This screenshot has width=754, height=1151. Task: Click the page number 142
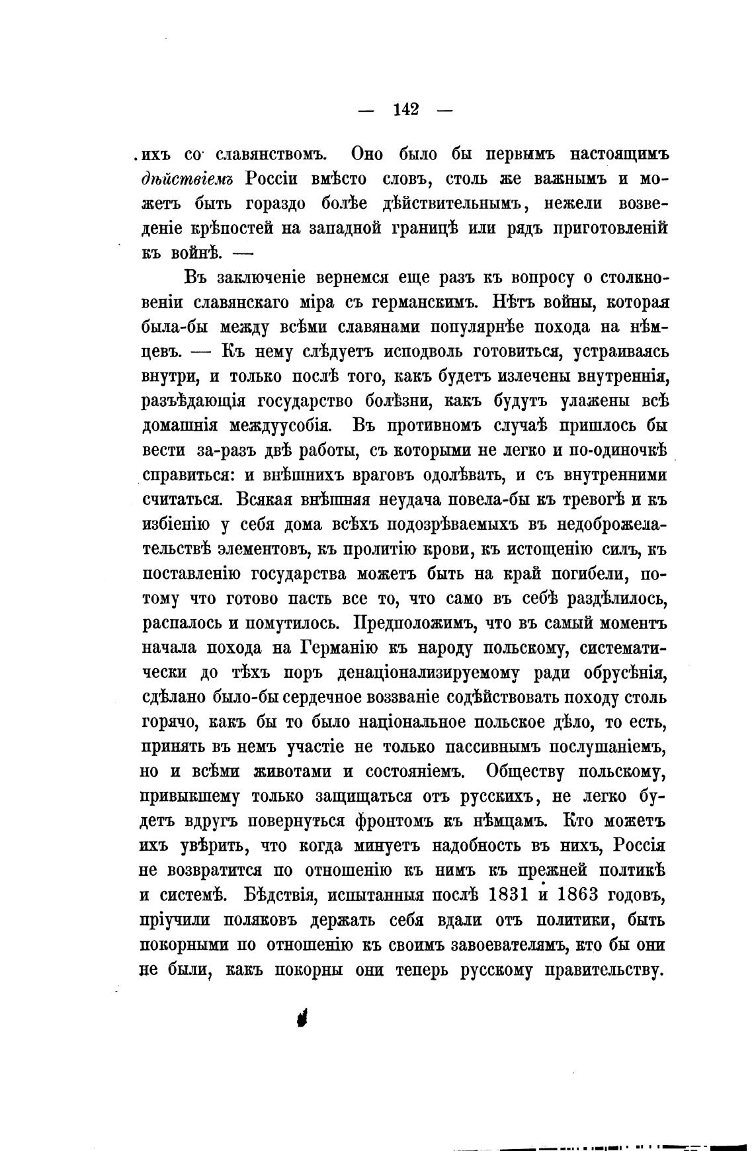click(405, 109)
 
